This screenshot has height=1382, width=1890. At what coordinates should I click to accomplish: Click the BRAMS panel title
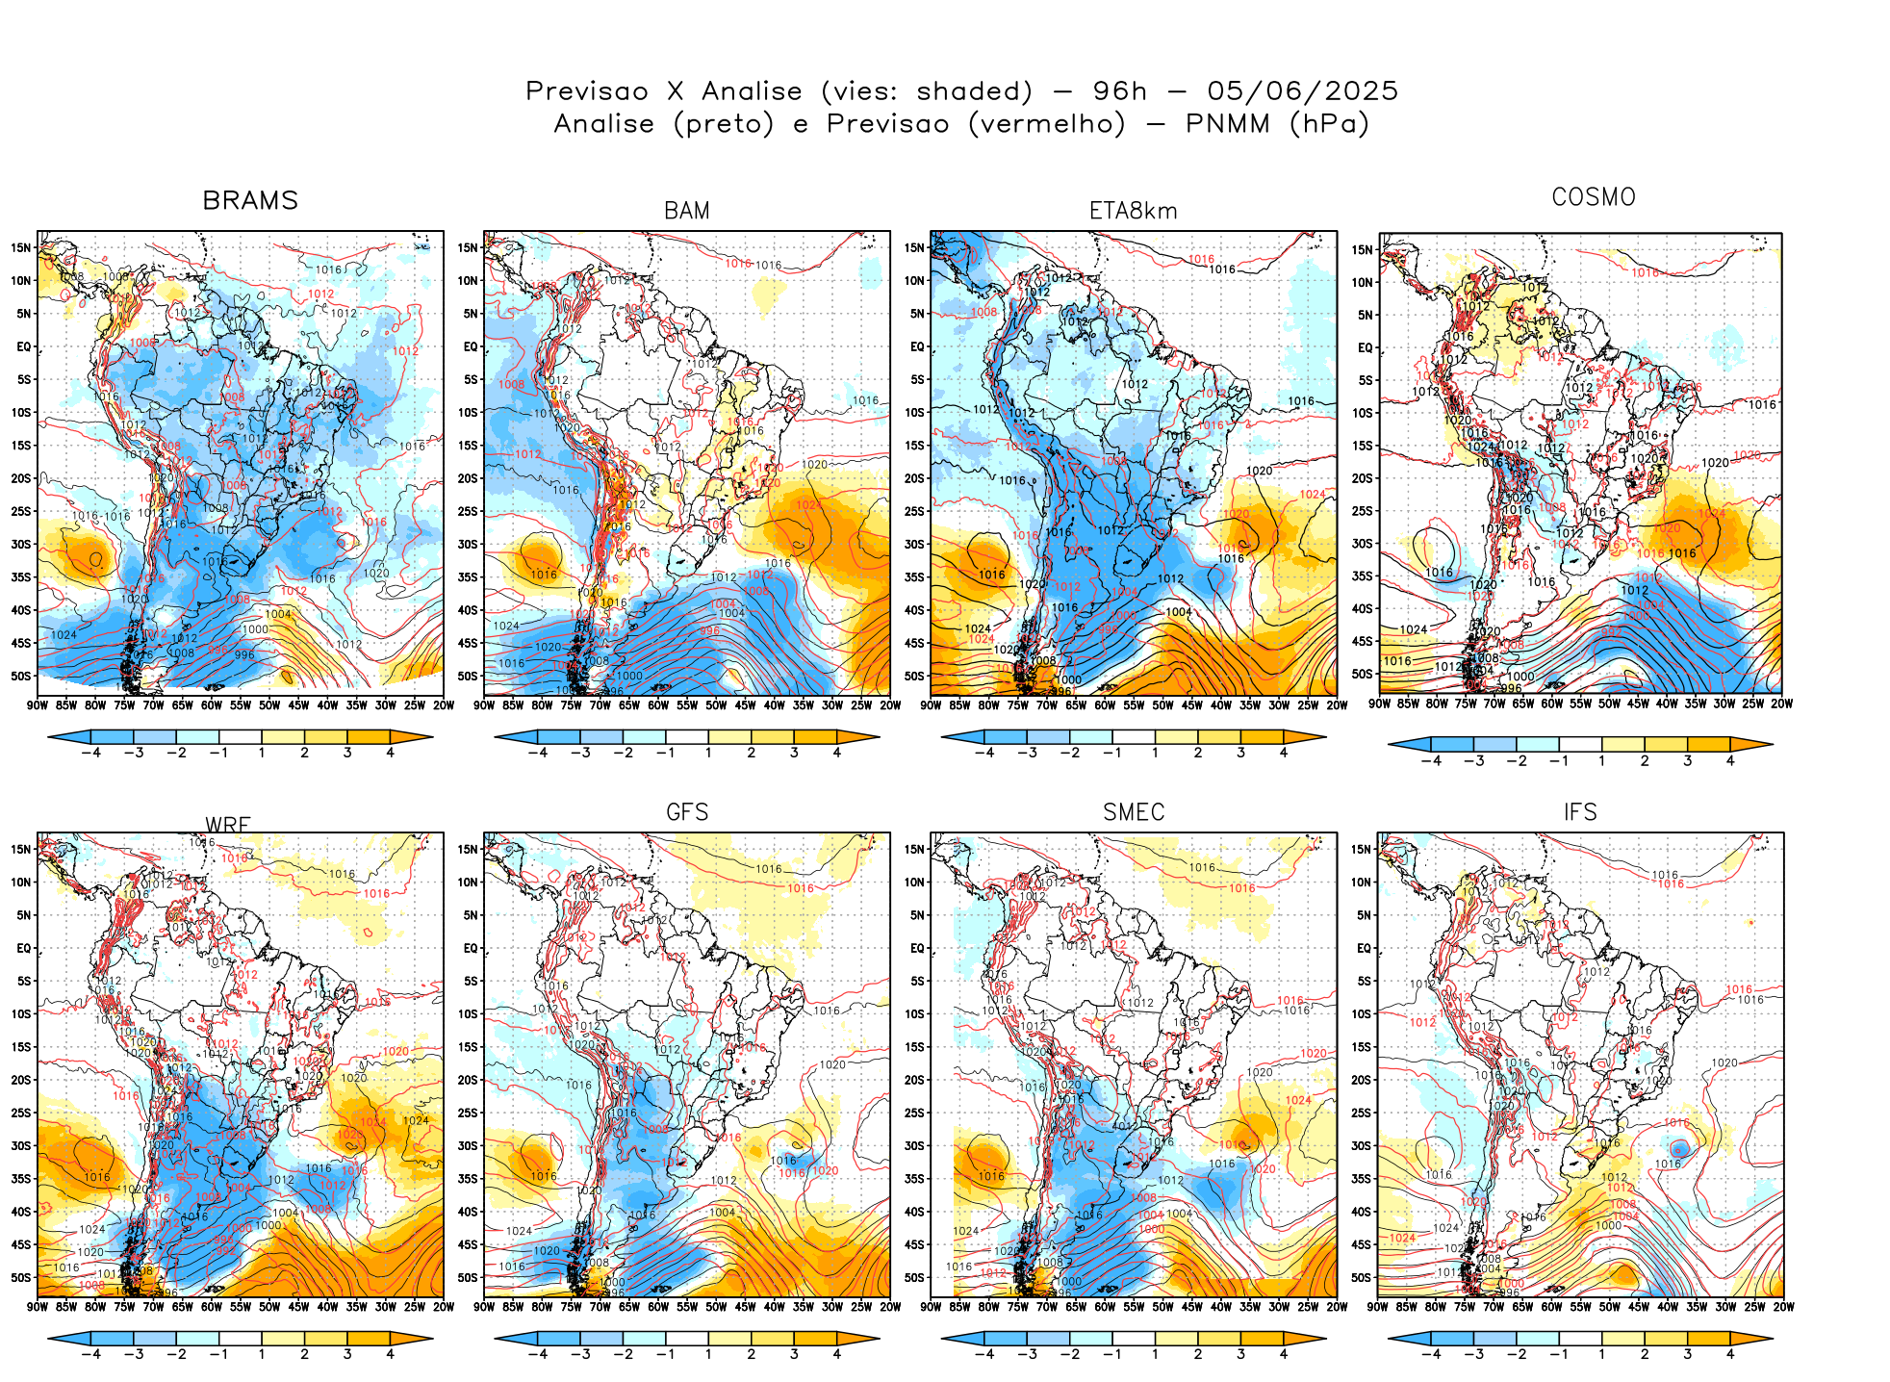[x=250, y=200]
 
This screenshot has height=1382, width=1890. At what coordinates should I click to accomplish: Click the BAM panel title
[x=686, y=211]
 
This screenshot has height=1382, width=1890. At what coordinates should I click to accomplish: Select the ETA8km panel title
[x=1133, y=211]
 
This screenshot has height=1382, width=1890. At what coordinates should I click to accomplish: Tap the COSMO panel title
[x=1593, y=197]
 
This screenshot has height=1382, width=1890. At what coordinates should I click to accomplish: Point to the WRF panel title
[x=228, y=824]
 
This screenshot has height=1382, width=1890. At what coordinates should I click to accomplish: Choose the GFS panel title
[x=686, y=812]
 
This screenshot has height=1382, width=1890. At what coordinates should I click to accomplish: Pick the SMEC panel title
[x=1133, y=812]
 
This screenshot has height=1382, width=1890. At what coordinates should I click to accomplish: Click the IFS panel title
[x=1579, y=812]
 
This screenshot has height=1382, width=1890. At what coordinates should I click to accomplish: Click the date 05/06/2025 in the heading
[x=1302, y=91]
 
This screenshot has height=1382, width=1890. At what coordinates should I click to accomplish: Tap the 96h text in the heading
[x=1119, y=91]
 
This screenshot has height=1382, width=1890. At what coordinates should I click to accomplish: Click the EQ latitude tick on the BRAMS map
[x=23, y=346]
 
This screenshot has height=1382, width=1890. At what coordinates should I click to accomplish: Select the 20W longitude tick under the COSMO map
[x=1781, y=704]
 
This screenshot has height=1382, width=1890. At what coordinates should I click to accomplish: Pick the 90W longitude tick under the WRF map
[x=38, y=1307]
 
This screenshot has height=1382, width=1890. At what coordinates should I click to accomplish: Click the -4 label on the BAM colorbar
[x=537, y=753]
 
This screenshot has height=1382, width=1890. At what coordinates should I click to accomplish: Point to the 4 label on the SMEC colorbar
[x=1283, y=1354]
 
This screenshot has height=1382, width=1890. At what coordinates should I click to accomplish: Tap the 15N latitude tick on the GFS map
[x=468, y=849]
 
